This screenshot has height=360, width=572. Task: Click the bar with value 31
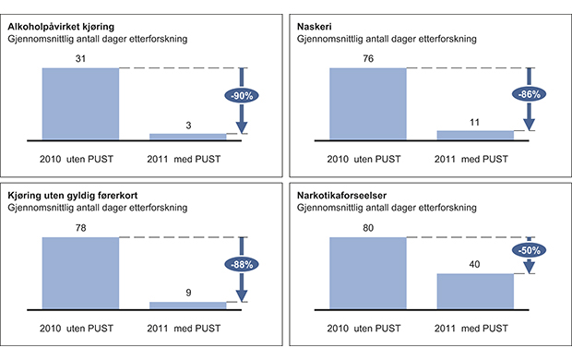click(x=80, y=103)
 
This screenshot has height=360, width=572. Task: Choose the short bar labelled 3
click(x=187, y=137)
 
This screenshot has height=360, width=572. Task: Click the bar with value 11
click(x=474, y=135)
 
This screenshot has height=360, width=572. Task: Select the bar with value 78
click(x=80, y=272)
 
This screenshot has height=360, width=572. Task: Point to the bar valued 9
click(x=187, y=305)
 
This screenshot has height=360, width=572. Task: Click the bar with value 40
click(x=474, y=291)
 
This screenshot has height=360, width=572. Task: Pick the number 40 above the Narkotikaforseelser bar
click(x=474, y=265)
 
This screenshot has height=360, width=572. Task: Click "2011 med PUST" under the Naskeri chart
click(x=474, y=158)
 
